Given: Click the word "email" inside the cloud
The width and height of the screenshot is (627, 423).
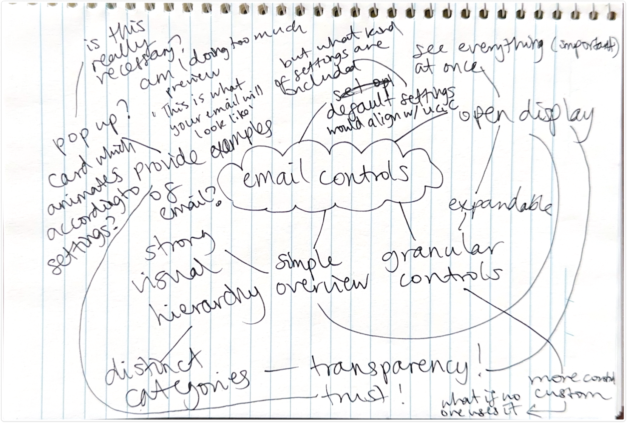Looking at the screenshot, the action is [271, 177].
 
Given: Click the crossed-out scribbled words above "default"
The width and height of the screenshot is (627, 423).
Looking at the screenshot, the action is [363, 86].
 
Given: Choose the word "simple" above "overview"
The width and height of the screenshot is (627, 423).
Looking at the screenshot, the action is [306, 263].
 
